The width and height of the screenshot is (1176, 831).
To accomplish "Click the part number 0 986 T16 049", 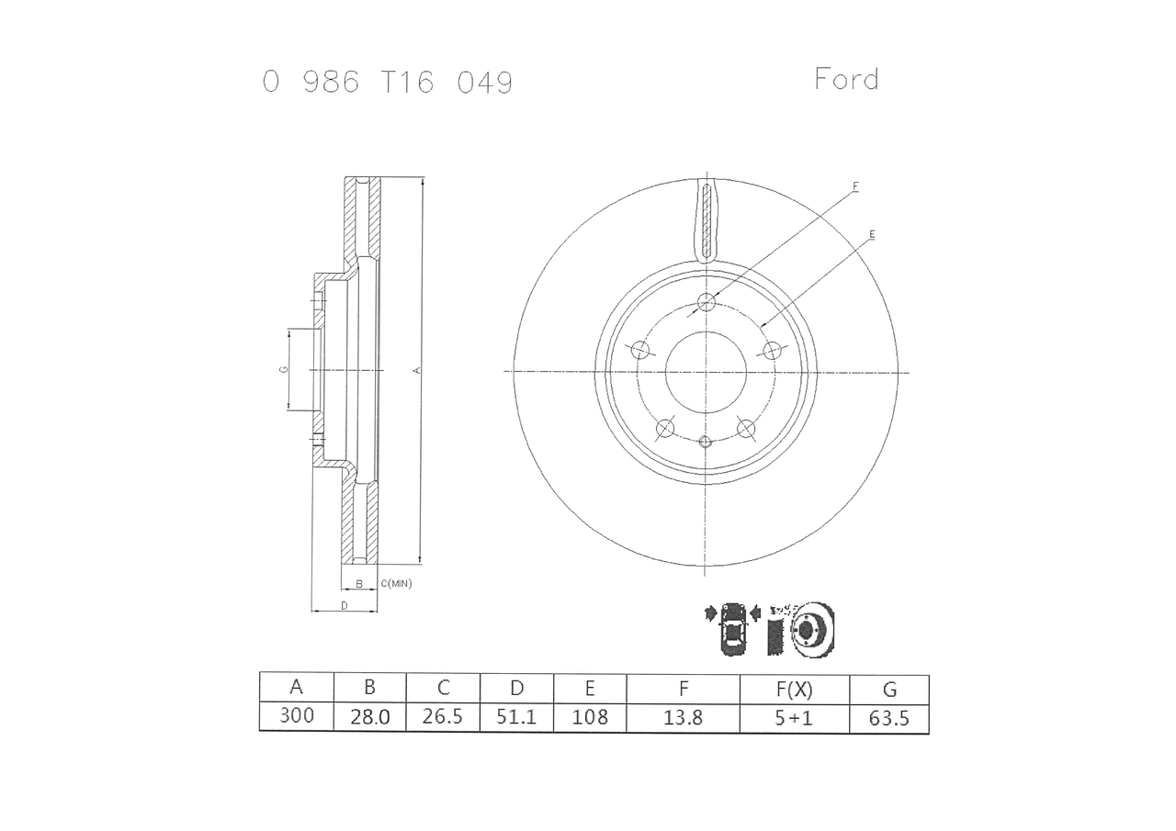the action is [388, 83].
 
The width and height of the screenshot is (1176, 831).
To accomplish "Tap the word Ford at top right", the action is [846, 79].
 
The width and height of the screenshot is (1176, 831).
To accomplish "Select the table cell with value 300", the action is [297, 715].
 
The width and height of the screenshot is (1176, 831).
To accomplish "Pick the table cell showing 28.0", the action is [370, 716].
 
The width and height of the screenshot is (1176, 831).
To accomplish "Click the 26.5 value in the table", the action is [443, 716].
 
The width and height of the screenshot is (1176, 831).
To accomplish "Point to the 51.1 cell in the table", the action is [516, 716].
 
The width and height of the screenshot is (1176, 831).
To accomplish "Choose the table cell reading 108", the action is [590, 716].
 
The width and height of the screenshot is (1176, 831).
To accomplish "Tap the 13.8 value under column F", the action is [683, 717].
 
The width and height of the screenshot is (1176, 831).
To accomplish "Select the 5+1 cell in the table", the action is [794, 718].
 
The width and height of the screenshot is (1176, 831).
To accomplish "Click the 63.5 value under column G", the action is [888, 718].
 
